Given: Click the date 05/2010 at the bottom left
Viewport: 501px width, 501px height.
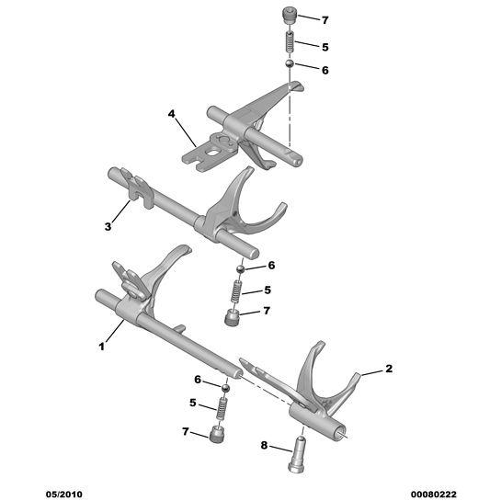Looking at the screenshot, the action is coord(64,495).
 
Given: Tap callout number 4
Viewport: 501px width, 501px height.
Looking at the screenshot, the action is coord(172,113).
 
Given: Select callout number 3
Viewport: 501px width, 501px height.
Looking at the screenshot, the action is coord(108,226).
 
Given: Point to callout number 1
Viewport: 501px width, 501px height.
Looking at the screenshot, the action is coord(102,347).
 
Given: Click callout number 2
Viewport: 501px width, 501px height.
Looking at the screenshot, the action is coord(389,369).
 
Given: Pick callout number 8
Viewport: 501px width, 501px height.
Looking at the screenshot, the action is coord(264,445).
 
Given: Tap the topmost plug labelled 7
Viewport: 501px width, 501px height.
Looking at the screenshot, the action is coord(290,17).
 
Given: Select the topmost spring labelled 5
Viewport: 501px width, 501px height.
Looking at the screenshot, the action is coord(290,41).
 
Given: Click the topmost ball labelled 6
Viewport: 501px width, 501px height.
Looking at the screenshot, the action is coord(290,63).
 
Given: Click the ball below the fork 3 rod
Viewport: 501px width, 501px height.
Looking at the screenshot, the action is coord(241,269).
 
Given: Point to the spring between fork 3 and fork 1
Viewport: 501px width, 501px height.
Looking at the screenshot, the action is coord(236,291).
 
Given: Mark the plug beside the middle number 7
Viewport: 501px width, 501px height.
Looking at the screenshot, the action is coord(232,318).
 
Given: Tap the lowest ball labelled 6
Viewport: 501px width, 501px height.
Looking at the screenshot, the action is coord(226,388).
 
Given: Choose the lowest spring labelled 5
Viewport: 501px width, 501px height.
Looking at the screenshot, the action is coord(221,408).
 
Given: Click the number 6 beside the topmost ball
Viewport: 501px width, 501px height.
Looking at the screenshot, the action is coord(325,70).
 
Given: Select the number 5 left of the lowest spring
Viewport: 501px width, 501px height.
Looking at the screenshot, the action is coord(193,403).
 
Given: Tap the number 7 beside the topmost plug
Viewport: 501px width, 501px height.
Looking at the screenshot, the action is coord(325,20).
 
